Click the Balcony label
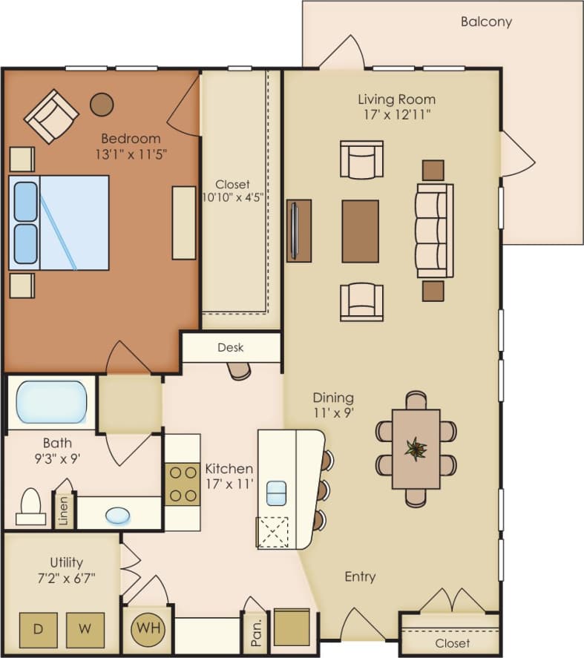click(x=486, y=22)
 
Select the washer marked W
click(x=85, y=630)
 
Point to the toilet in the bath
click(x=30, y=507)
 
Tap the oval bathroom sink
click(x=117, y=515)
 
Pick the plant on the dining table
click(x=416, y=448)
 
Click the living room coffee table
click(x=360, y=231)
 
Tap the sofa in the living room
click(x=434, y=231)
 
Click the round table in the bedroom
click(x=102, y=105)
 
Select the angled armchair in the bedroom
click(x=51, y=116)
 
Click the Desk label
click(x=230, y=347)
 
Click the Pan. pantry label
click(x=254, y=630)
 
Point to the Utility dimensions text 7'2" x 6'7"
click(x=67, y=577)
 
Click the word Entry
click(x=360, y=576)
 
